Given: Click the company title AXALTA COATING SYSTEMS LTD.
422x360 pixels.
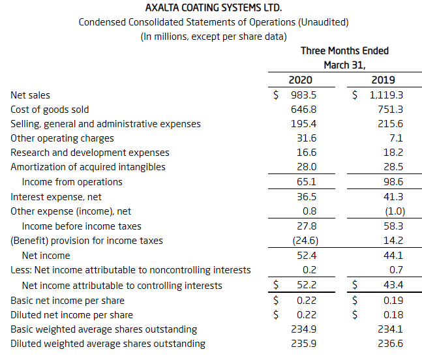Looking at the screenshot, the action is click(213, 8).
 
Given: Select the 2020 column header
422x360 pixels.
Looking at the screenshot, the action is click(300, 80).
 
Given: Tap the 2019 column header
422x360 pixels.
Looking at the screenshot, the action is click(383, 80).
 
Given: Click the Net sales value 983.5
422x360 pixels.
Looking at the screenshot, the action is click(303, 95).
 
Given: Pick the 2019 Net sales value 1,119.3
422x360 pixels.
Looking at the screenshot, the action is click(386, 95).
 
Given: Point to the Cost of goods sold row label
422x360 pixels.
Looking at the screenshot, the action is click(50, 110).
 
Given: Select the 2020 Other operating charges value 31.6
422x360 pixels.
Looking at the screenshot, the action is click(307, 138).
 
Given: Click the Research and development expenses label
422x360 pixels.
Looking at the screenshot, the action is click(90, 153).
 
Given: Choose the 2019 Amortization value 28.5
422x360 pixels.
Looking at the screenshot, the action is click(393, 167).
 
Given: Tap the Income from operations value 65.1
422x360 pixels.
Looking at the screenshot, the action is click(307, 182).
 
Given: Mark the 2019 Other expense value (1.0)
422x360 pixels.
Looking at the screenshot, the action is click(395, 211).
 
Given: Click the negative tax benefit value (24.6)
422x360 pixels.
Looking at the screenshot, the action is click(305, 241).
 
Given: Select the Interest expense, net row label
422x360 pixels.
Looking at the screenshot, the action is click(56, 197).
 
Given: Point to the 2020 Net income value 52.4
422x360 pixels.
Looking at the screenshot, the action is click(307, 256).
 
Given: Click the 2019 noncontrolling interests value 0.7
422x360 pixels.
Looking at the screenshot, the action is click(396, 270).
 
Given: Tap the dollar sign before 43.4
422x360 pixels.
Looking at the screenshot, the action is click(355, 284).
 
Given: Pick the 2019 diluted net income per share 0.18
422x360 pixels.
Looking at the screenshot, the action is click(393, 315).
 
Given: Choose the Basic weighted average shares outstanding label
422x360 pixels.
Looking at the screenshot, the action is click(104, 329).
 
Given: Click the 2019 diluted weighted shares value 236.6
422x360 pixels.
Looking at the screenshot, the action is click(390, 344).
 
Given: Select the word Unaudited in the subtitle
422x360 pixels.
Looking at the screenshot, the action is click(324, 22).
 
